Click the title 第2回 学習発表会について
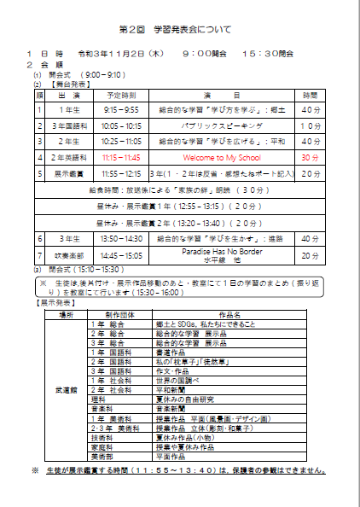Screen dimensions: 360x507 [180, 29]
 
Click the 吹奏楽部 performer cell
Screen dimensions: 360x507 [64, 255]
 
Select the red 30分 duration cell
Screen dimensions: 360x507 [311, 158]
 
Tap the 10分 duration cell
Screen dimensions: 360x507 [311, 126]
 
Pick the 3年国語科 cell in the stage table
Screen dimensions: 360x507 [64, 126]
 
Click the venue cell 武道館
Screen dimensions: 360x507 [66, 389]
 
